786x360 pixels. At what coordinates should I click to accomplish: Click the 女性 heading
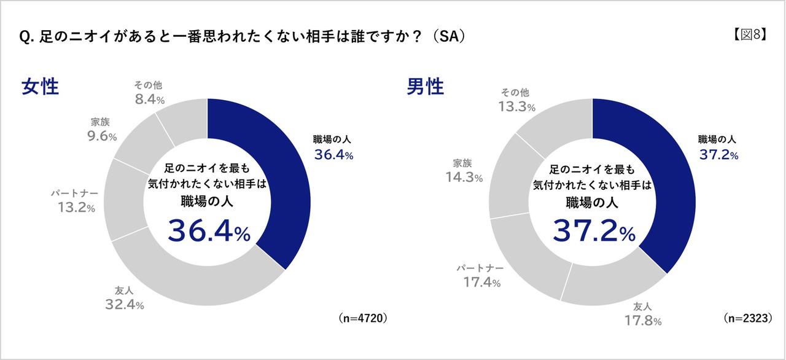point(40,86)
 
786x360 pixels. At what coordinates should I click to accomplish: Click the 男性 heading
point(425,86)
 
